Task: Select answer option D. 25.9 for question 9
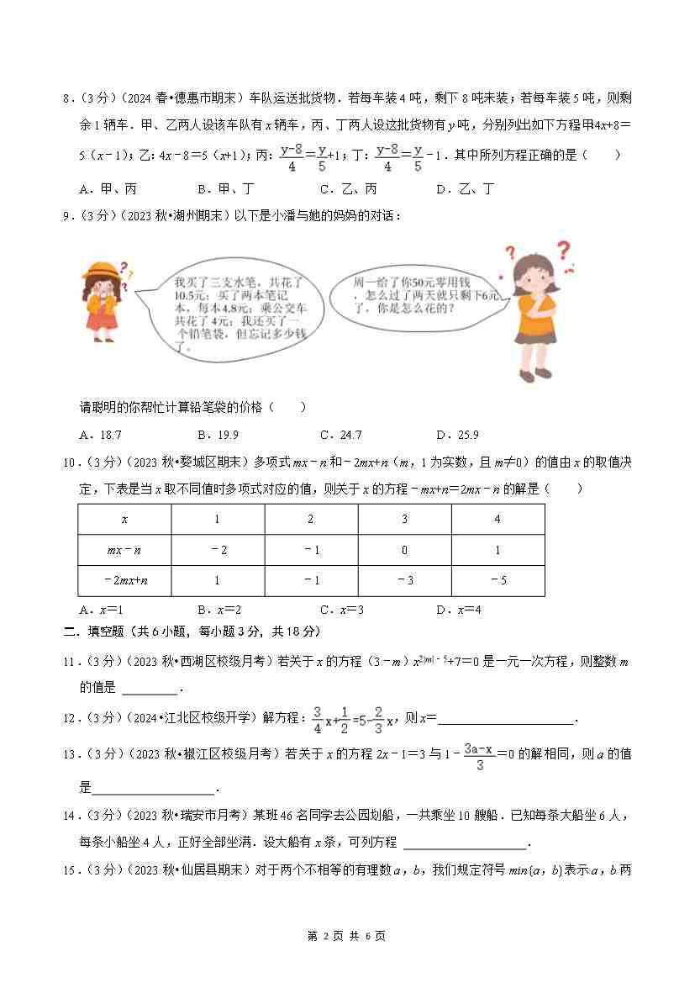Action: [x=457, y=435]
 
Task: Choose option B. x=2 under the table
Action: [x=219, y=610]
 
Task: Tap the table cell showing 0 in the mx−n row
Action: [x=404, y=550]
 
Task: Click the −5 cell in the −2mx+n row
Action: [x=498, y=580]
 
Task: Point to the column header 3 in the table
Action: [x=404, y=519]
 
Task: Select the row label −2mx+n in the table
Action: [x=124, y=580]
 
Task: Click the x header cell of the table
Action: [x=124, y=519]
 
